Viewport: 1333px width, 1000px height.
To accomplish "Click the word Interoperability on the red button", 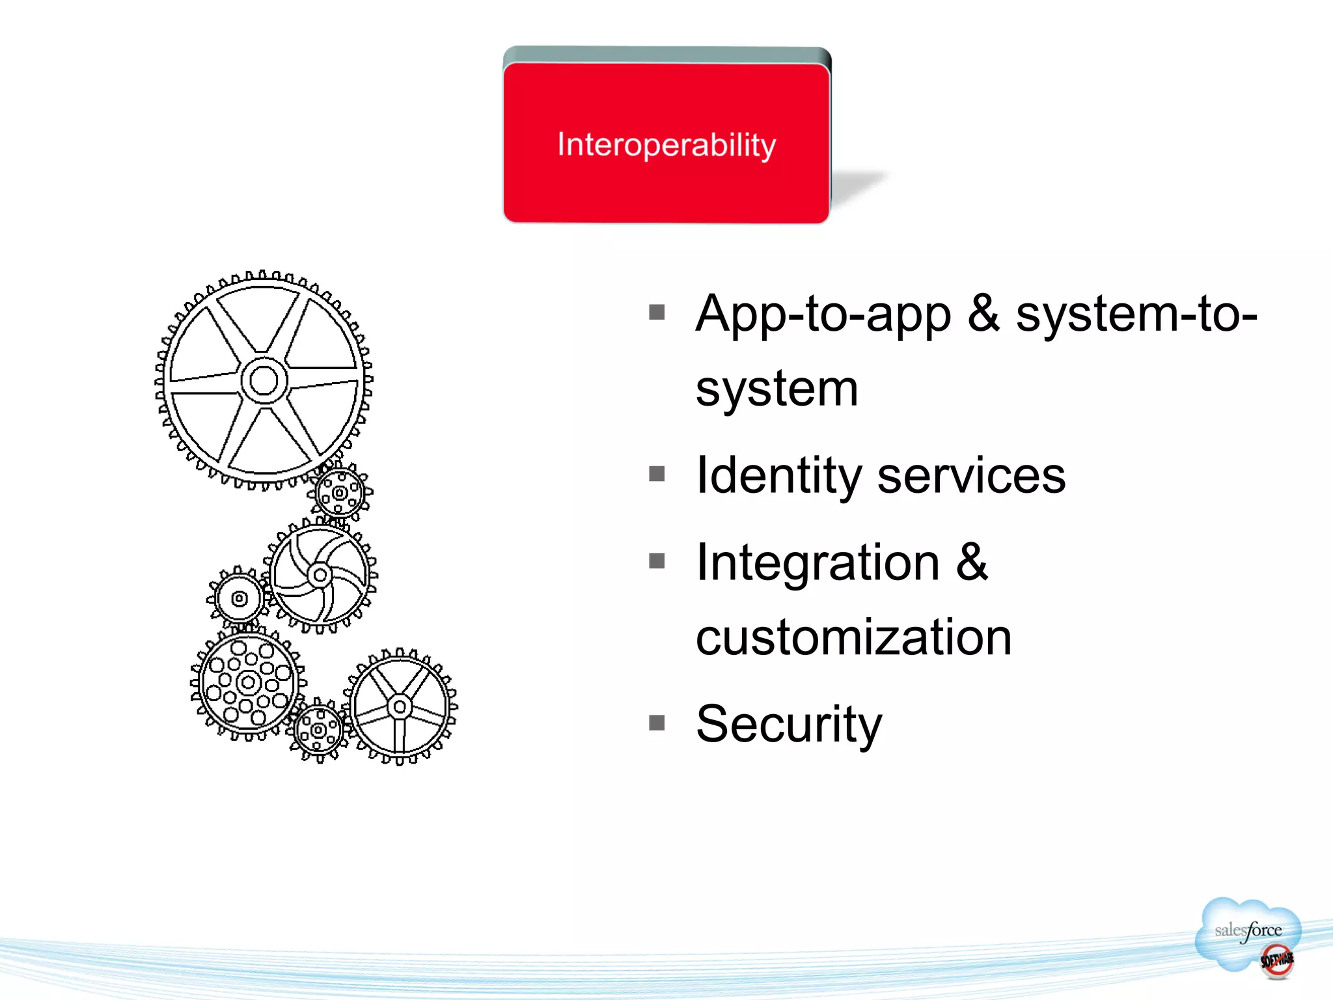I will [666, 145].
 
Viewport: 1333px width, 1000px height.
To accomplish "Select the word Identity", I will [778, 475].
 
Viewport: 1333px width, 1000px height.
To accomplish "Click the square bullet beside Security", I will [657, 723].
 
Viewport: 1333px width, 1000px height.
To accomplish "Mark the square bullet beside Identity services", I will [657, 474].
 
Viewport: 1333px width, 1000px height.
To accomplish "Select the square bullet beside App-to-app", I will [657, 312].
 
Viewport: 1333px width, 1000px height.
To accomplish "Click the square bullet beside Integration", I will [657, 561].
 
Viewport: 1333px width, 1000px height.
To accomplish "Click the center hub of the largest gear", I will [264, 381].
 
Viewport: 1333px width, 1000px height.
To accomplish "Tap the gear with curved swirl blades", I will [320, 575].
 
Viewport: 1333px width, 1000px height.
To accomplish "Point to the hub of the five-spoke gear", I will [400, 706].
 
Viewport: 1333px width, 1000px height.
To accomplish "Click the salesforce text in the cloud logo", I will [1248, 930].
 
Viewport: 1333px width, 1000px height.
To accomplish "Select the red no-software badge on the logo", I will [1276, 960].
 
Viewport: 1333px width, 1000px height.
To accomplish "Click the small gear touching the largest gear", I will [339, 493].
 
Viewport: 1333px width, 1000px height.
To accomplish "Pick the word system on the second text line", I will [777, 389].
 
